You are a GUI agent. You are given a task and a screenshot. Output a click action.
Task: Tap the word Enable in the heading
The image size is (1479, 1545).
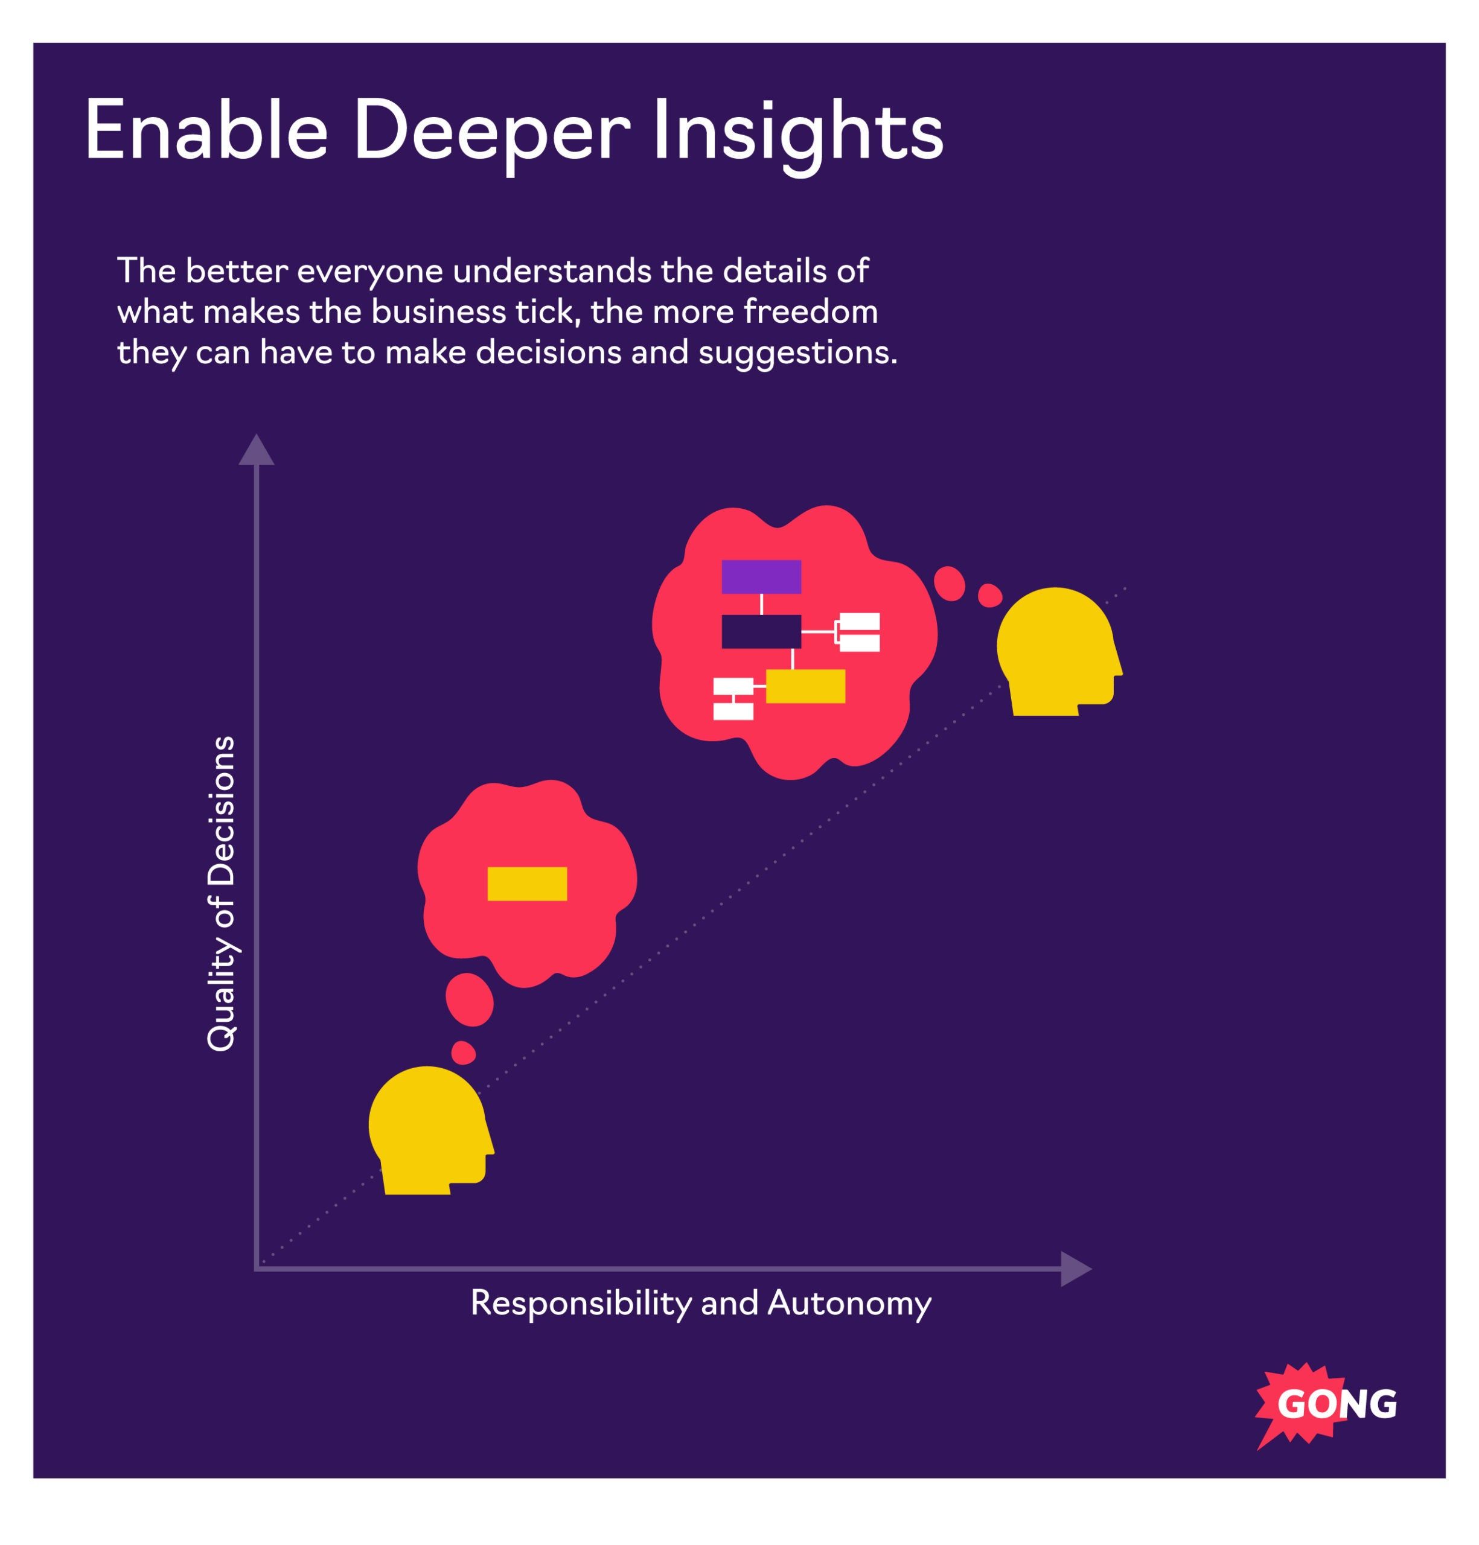coord(206,132)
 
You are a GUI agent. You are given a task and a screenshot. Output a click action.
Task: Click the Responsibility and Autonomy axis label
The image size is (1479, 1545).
coord(700,1303)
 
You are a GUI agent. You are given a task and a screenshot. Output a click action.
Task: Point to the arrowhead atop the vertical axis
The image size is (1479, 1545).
coord(256,451)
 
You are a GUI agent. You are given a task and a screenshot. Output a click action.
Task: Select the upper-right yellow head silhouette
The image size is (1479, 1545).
coord(1056,651)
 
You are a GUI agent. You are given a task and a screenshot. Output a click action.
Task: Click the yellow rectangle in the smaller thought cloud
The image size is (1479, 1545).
coord(526,884)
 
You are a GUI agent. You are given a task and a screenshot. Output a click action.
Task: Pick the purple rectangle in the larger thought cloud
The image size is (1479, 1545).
coord(761,577)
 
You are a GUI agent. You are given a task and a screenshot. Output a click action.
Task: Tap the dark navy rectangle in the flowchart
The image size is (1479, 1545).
coord(761,631)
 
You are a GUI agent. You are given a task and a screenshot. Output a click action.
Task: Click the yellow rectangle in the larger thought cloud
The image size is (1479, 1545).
coord(805,686)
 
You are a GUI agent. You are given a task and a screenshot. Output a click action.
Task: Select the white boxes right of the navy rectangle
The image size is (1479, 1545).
coord(858,632)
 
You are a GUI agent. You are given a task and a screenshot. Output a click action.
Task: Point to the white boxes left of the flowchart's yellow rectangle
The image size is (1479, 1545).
coord(732,698)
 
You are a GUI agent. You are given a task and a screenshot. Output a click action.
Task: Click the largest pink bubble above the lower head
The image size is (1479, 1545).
coord(469,999)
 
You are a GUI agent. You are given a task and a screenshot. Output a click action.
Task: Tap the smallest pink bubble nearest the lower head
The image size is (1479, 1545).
coord(464,1053)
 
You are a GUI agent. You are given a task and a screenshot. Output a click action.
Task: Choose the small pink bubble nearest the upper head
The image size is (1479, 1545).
coord(989,595)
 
